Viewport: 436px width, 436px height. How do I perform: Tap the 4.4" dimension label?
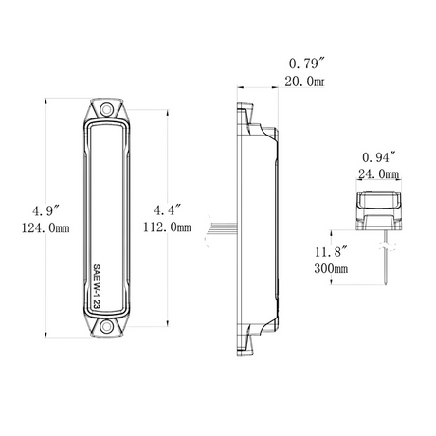pos(168,210)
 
